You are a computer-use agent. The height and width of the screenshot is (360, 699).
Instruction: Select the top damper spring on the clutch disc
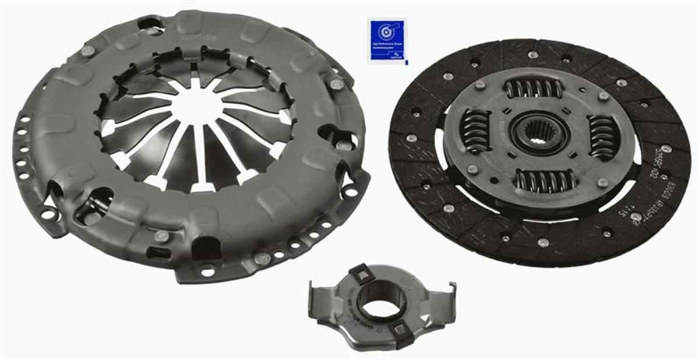(534, 89)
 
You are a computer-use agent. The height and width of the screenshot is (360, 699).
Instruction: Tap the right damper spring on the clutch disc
(602, 137)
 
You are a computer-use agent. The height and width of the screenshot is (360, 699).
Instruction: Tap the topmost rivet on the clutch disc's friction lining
(533, 55)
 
